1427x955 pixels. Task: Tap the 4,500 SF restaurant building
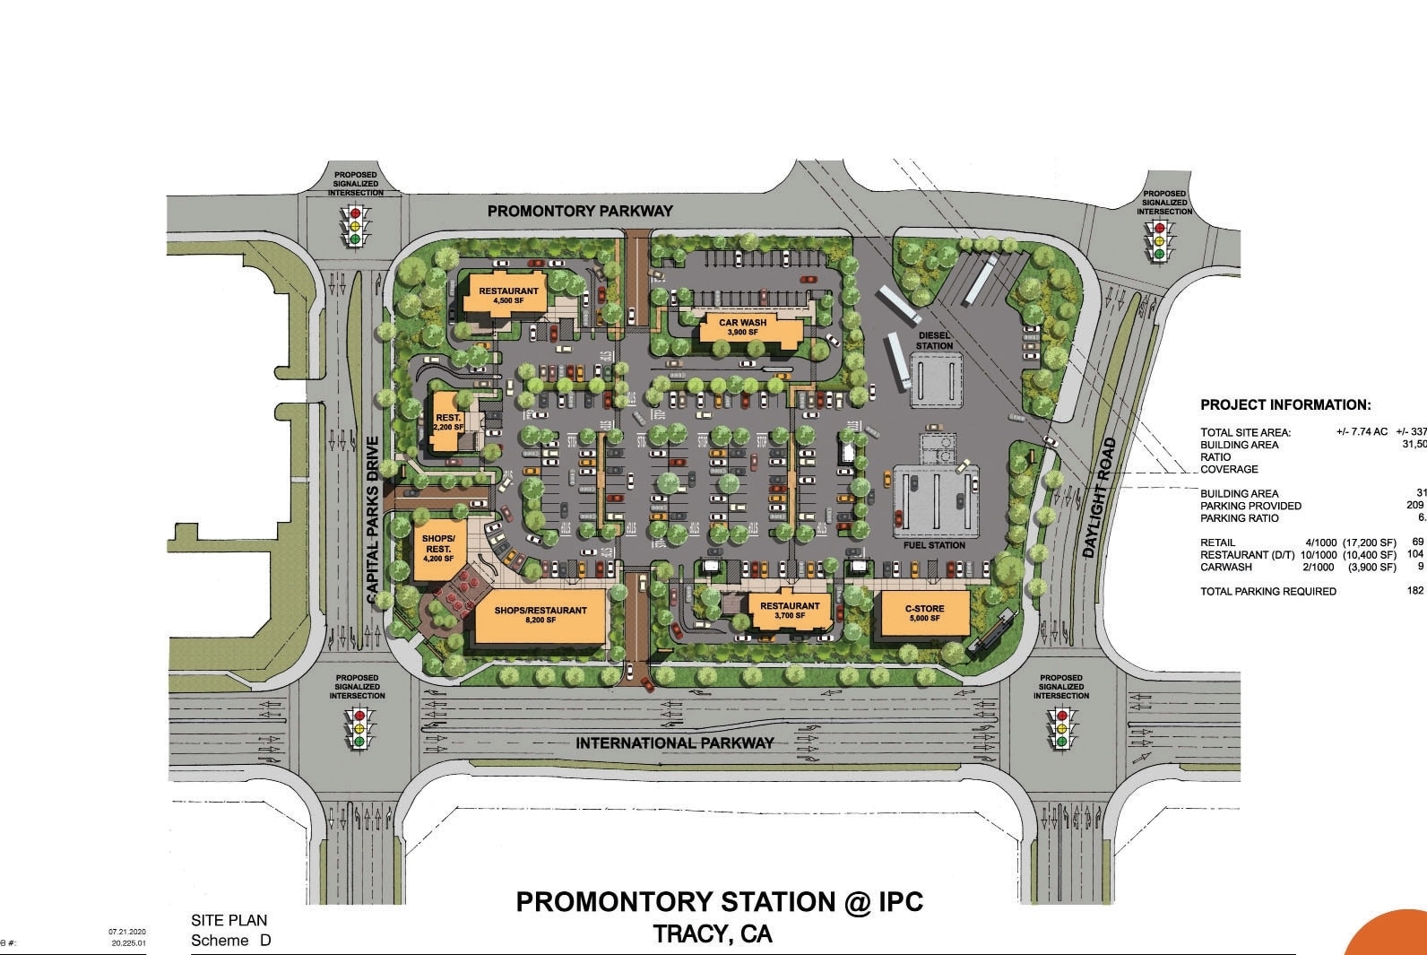(507, 295)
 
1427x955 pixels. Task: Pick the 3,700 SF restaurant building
(790, 611)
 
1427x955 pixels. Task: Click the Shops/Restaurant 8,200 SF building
(541, 615)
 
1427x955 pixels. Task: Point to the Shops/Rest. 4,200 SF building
(438, 548)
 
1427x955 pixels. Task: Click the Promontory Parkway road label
(579, 212)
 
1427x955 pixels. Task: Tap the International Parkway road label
(674, 742)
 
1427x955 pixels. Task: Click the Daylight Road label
(1102, 498)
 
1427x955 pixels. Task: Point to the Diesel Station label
(934, 341)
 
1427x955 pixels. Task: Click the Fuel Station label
(934, 545)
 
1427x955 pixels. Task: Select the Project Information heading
(1285, 405)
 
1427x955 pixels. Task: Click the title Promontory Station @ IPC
(719, 902)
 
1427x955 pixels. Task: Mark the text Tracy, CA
(713, 934)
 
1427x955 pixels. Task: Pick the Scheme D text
(230, 940)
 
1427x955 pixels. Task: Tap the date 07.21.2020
(126, 933)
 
